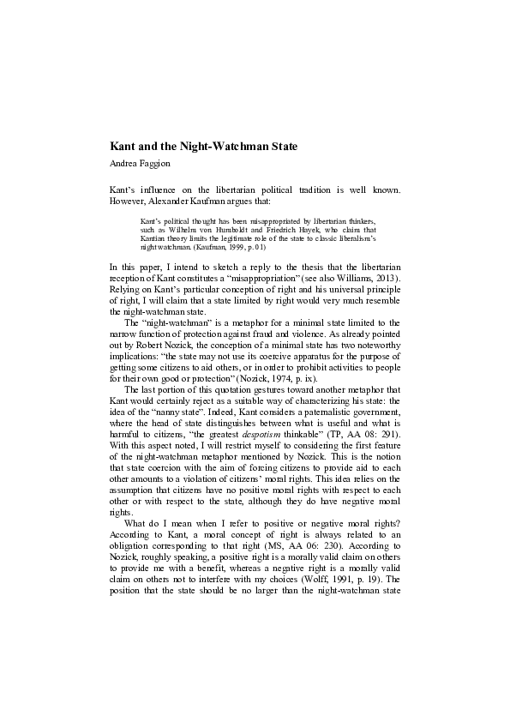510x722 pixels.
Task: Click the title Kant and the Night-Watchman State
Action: (204, 147)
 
